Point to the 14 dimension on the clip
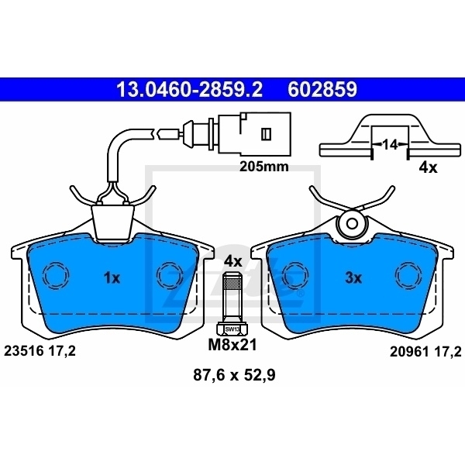click(390, 144)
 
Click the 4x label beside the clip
click(428, 167)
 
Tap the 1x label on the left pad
click(112, 277)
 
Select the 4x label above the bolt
click(232, 261)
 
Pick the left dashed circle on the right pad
click(294, 275)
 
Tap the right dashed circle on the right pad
click(408, 275)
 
